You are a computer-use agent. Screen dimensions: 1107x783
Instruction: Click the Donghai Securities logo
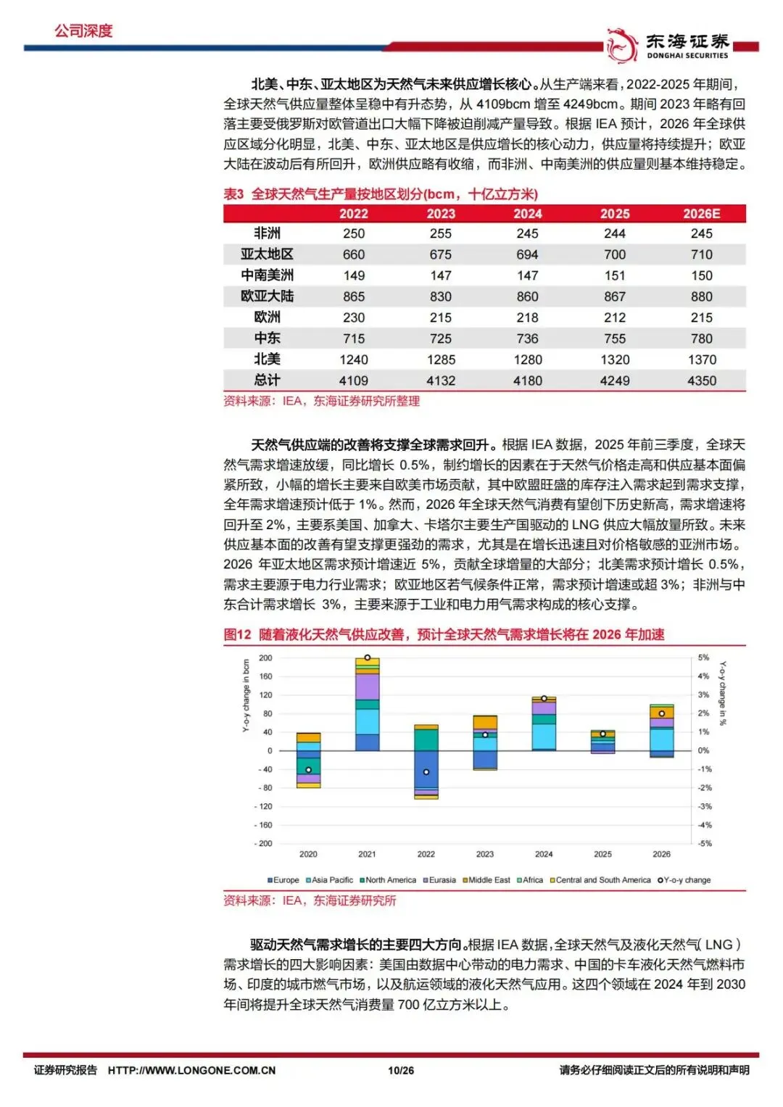click(x=667, y=45)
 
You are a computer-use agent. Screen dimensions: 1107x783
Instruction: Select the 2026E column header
click(x=701, y=214)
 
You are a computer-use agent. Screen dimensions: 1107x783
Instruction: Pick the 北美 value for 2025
click(x=615, y=360)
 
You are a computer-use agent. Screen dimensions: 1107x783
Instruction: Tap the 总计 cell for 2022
click(x=354, y=381)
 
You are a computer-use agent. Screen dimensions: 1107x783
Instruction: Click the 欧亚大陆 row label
click(x=267, y=297)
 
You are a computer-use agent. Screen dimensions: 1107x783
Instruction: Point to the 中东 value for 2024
click(x=528, y=339)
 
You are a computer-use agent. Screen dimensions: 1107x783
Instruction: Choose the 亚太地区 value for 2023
click(x=441, y=254)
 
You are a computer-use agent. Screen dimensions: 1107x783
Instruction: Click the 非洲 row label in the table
click(x=267, y=233)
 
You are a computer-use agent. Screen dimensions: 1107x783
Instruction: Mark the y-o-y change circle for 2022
click(x=426, y=772)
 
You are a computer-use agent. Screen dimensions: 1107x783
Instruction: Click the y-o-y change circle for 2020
click(x=308, y=770)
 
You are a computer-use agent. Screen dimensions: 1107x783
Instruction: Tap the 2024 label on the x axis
click(x=544, y=854)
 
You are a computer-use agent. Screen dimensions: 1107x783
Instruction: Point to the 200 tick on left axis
click(x=265, y=658)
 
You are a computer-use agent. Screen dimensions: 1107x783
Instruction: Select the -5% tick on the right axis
click(x=704, y=843)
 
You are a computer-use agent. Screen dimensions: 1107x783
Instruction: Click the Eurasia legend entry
click(x=439, y=880)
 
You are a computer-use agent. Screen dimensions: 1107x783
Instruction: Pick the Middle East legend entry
click(x=486, y=880)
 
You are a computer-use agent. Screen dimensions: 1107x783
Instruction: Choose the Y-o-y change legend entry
click(x=684, y=880)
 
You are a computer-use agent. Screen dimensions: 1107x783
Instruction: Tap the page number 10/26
click(x=401, y=1070)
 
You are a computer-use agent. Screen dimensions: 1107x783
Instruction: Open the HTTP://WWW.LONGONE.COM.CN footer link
click(x=191, y=1070)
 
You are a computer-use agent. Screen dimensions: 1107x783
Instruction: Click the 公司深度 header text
click(x=83, y=31)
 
